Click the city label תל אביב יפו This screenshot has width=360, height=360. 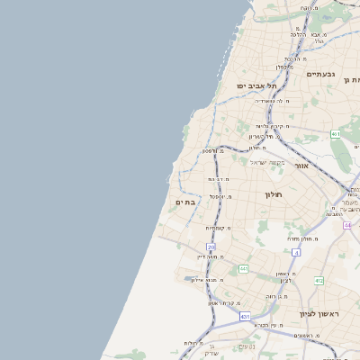256,85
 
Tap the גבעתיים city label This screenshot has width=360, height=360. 319,74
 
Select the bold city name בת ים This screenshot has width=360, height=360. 184,202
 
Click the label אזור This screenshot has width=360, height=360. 301,166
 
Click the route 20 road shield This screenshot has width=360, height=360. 211,246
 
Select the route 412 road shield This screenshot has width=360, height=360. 319,281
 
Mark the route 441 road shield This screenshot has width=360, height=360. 243,268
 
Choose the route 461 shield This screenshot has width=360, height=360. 335,134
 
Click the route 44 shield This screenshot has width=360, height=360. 347,224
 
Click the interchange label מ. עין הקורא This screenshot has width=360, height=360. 268,324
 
